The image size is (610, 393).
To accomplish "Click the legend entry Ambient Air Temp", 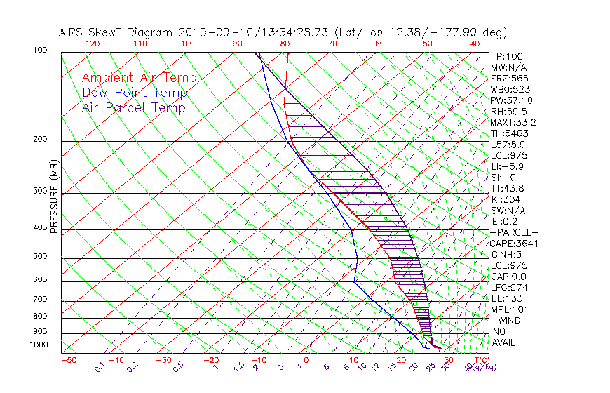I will (140, 78).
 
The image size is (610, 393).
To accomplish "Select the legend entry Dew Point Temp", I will (135, 93).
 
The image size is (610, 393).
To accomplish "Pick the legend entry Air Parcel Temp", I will (134, 107).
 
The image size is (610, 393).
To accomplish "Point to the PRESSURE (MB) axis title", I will (54, 201).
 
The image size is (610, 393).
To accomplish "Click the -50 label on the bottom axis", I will (69, 361).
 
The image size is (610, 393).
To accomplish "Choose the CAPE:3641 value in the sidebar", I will (514, 244).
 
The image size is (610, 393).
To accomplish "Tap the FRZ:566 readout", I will (509, 79).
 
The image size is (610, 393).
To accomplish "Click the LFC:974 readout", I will (509, 288).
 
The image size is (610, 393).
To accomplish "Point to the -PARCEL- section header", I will (514, 232).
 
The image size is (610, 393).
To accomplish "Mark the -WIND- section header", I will (510, 320).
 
